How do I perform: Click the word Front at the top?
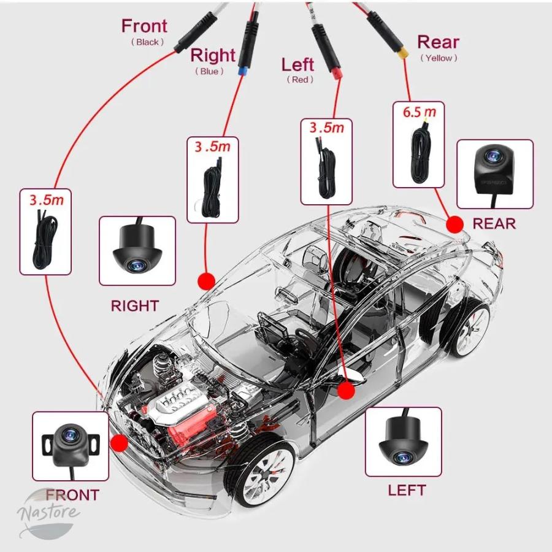pyautogui.click(x=144, y=26)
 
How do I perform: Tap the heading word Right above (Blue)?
pyautogui.click(x=213, y=55)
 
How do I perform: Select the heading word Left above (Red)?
pyautogui.click(x=297, y=64)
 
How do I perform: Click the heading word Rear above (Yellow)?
pyautogui.click(x=438, y=42)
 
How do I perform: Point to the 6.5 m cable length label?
pyautogui.click(x=420, y=112)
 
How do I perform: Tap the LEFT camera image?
pyautogui.click(x=403, y=442)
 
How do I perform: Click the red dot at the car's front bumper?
pyautogui.click(x=119, y=443)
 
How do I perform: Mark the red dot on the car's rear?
pyautogui.click(x=454, y=224)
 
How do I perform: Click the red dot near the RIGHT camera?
pyautogui.click(x=206, y=281)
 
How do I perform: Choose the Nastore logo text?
pyautogui.click(x=48, y=512)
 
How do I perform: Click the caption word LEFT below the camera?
pyautogui.click(x=407, y=490)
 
